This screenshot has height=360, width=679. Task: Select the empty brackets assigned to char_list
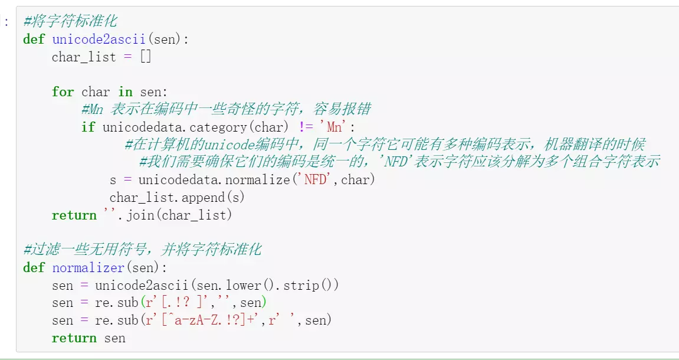[146, 57]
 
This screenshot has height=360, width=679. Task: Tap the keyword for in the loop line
[63, 92]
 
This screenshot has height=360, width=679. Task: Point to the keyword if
[88, 127]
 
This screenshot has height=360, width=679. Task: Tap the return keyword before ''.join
[74, 215]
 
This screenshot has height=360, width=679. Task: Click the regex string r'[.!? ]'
[183, 303]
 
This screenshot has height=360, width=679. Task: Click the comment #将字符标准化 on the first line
[70, 22]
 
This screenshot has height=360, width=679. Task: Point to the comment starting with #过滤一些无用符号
[142, 250]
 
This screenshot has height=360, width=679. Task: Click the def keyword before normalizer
[34, 267]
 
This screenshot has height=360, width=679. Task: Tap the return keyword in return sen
[74, 338]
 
